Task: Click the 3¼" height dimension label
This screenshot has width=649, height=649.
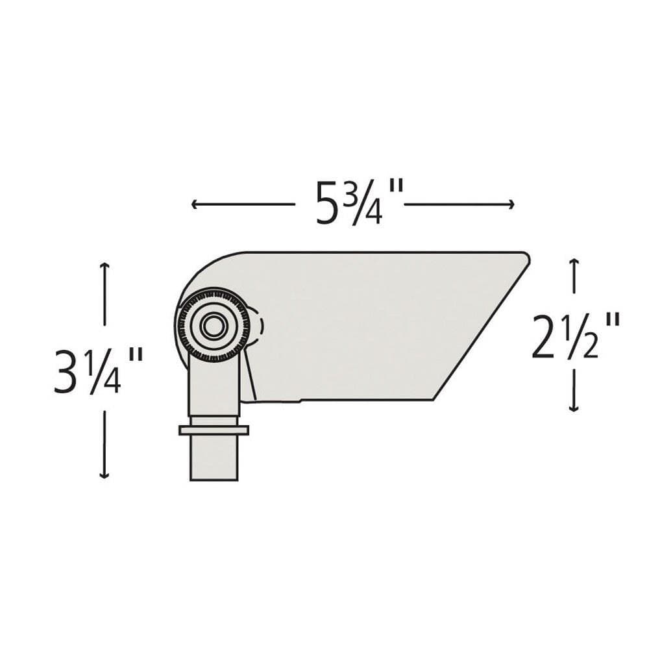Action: click(99, 371)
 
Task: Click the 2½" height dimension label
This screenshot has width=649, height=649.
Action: click(576, 336)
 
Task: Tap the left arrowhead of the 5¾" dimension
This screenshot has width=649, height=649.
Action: click(193, 204)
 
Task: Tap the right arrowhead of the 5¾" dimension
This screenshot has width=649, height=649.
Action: click(511, 204)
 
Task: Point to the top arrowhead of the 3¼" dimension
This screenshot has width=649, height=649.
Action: click(104, 265)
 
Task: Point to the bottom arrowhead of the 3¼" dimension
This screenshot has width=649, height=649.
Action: click(104, 476)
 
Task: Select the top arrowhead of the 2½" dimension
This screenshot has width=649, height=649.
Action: click(574, 261)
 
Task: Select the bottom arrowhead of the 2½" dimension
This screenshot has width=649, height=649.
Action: click(574, 408)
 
